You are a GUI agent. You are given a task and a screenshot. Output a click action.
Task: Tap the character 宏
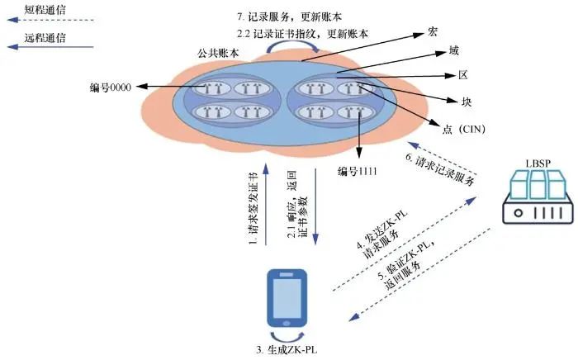432,31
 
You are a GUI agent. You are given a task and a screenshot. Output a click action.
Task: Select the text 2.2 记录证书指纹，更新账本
301,33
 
